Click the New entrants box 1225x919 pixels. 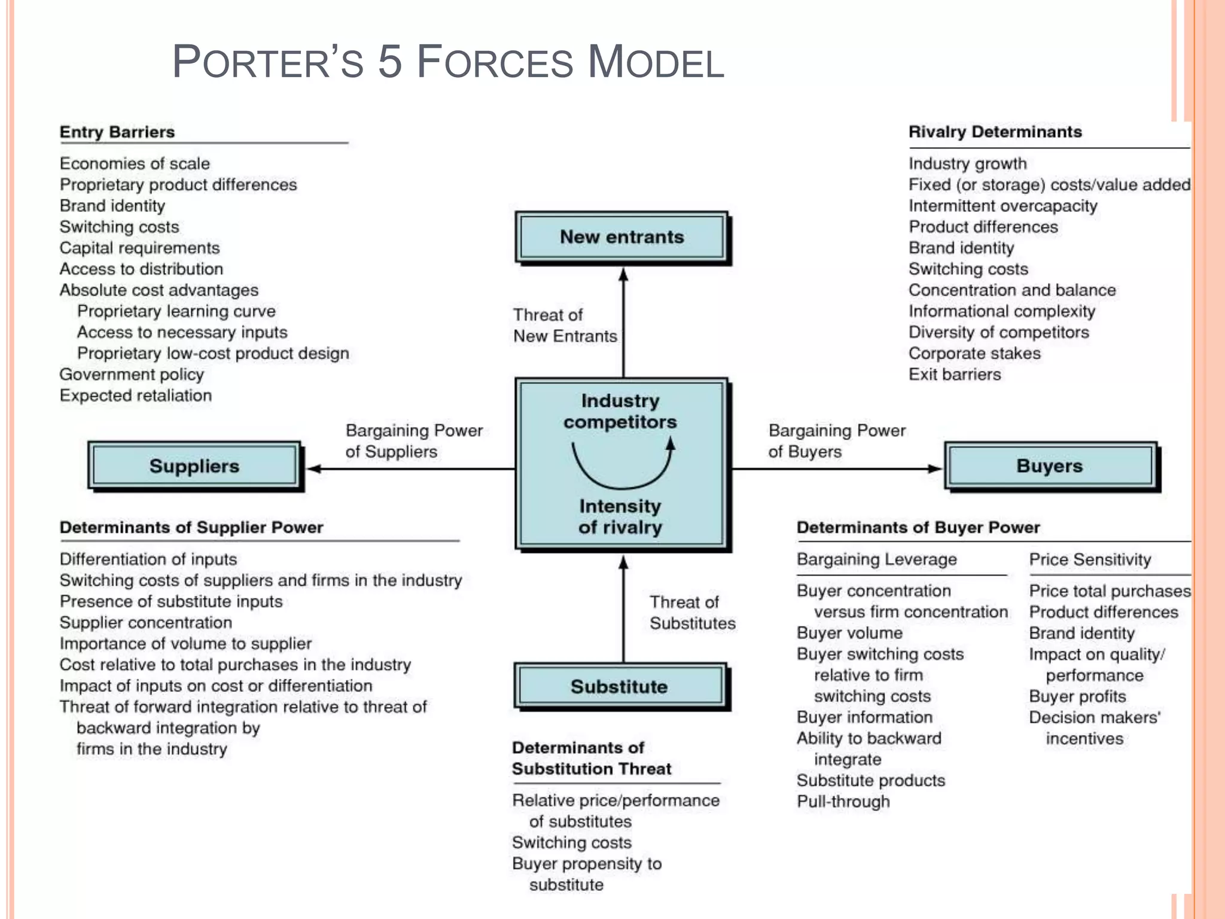coord(621,237)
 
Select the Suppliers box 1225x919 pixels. coord(194,466)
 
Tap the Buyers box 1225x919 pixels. coord(1050,466)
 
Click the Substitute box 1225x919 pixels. coord(619,686)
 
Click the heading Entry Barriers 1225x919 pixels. coord(117,132)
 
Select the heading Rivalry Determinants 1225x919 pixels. coord(995,132)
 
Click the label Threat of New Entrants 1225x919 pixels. coord(565,325)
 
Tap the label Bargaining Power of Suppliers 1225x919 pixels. coord(414,441)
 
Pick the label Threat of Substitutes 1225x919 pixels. coord(692,613)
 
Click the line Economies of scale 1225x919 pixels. coord(135,164)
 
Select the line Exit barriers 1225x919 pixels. coord(955,375)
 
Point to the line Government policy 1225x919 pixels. coord(132,375)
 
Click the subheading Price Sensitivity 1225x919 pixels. coord(1090,559)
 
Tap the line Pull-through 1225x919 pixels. coord(843,802)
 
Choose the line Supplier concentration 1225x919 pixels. coord(145,623)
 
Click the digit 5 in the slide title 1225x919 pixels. coord(390,62)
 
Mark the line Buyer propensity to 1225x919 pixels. coord(587,864)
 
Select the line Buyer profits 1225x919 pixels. coord(1077,696)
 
